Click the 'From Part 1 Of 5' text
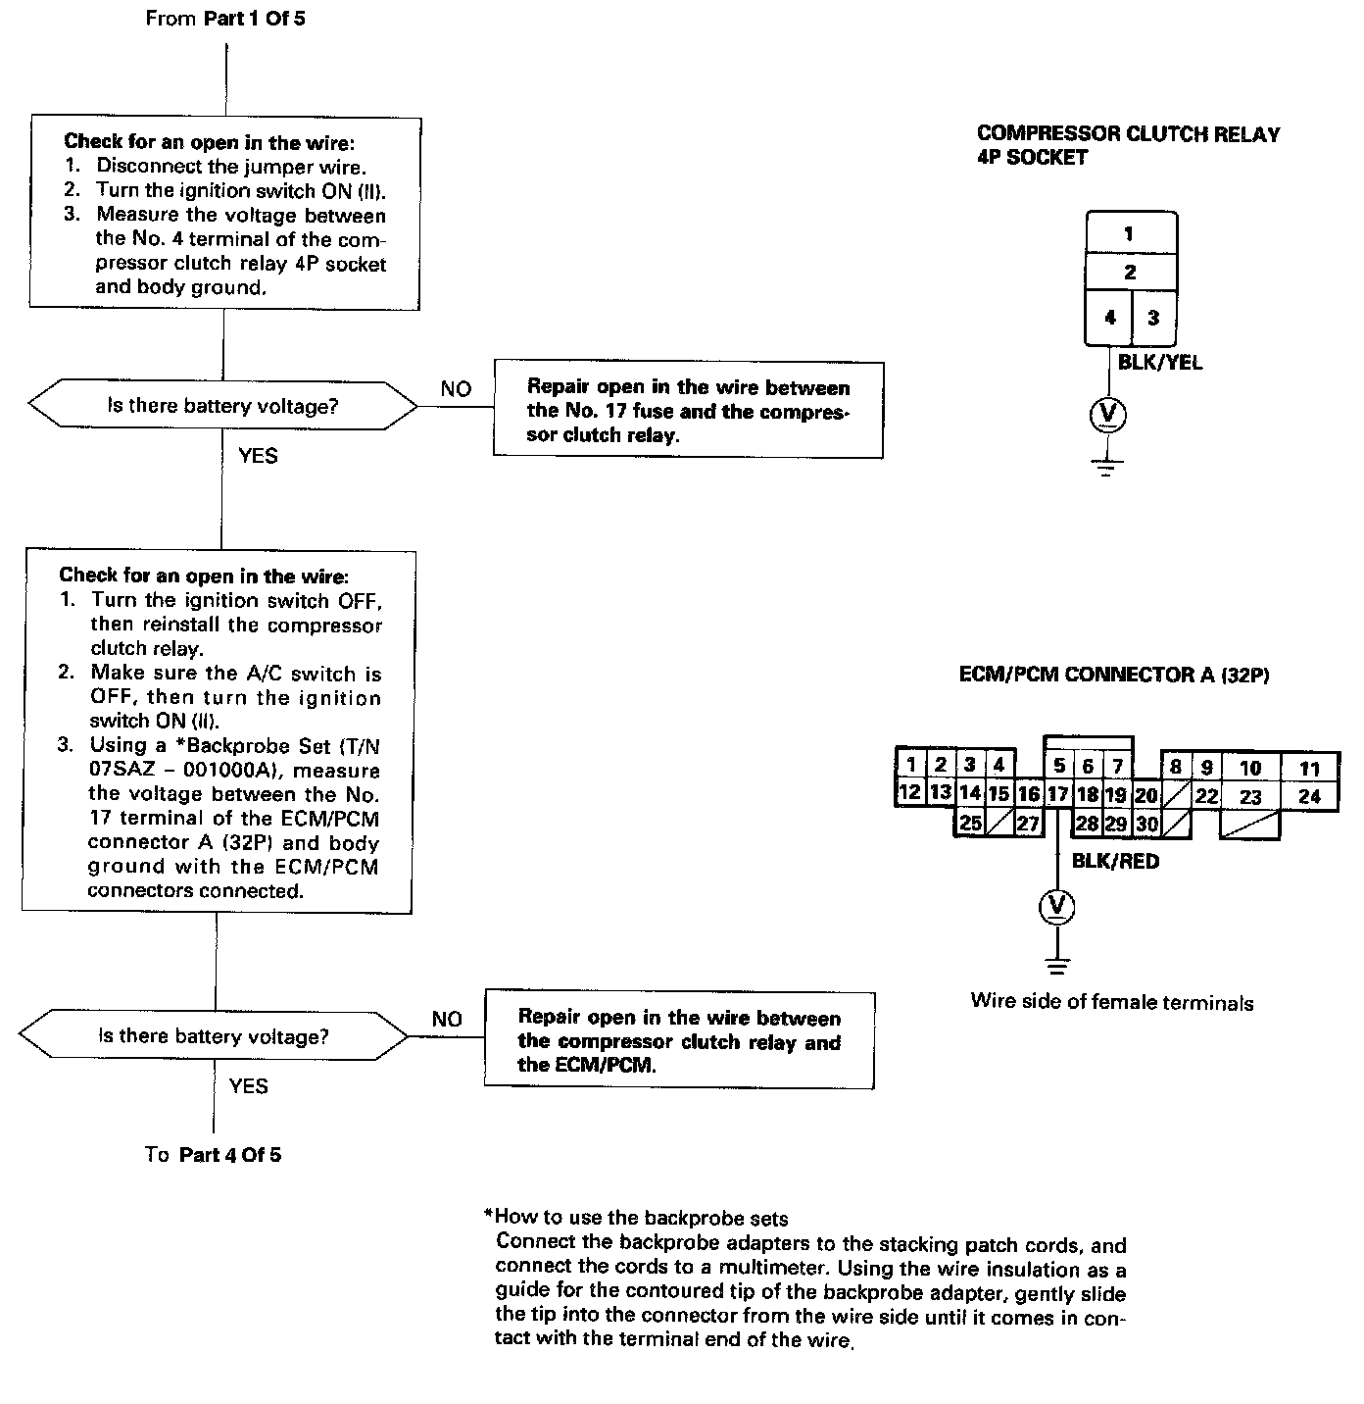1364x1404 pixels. click(224, 19)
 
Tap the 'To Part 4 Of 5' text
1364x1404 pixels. click(213, 1154)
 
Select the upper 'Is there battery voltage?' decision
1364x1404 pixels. click(222, 406)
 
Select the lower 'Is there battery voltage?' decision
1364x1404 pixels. click(214, 1036)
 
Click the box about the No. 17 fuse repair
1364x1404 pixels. click(687, 410)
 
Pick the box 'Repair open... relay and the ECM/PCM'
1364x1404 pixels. click(678, 1040)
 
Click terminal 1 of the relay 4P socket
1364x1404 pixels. click(1130, 233)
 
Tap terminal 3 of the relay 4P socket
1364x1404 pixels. click(1153, 318)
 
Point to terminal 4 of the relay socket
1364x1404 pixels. click(1109, 318)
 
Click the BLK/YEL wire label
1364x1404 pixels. click(1160, 363)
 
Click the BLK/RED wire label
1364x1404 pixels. click(1115, 861)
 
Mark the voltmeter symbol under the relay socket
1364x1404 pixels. click(1108, 416)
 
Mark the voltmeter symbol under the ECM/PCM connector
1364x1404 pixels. click(1056, 907)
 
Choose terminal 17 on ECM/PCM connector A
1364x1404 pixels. click(1056, 794)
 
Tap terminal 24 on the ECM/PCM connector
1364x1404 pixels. click(1309, 796)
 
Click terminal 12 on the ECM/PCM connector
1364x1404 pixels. click(910, 792)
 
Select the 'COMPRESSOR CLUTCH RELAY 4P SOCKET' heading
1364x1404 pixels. click(1128, 145)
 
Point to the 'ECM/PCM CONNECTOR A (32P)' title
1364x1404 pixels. click(1114, 675)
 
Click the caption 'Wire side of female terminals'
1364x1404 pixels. click(1112, 1001)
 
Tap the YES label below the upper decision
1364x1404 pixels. click(258, 456)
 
